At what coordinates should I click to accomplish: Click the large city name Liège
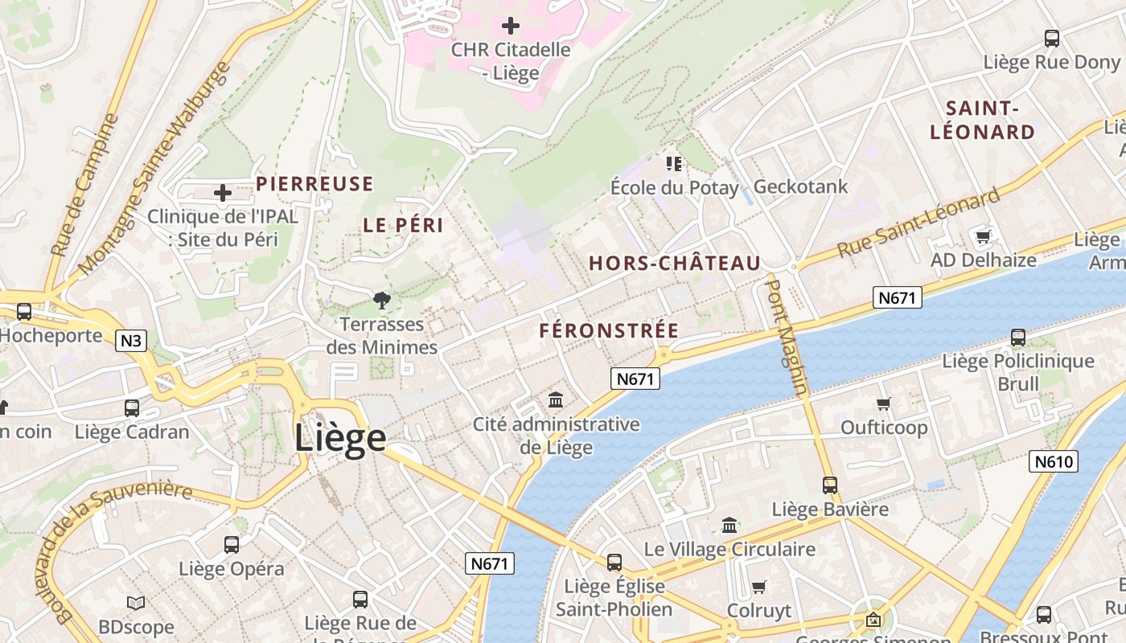click(x=339, y=438)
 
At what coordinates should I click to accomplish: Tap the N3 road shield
click(x=131, y=341)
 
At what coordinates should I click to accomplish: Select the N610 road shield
click(x=1053, y=461)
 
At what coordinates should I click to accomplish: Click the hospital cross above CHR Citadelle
click(x=510, y=26)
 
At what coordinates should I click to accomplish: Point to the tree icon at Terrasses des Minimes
click(x=382, y=301)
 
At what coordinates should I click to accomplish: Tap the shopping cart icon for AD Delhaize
click(x=982, y=236)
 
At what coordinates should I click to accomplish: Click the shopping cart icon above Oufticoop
click(x=883, y=403)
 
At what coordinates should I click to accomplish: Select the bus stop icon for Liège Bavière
click(x=829, y=485)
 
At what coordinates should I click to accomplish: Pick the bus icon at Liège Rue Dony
click(x=1051, y=38)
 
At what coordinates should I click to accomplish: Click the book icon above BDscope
click(x=136, y=603)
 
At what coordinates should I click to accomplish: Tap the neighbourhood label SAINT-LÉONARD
click(x=982, y=121)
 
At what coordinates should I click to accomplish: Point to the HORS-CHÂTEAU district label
click(x=675, y=264)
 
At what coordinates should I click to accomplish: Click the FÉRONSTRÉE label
click(x=609, y=331)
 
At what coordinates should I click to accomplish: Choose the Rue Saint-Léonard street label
click(x=919, y=223)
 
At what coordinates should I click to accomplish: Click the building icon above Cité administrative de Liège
click(x=556, y=399)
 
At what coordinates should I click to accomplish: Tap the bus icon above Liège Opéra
click(x=231, y=545)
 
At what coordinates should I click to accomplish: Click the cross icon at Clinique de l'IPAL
click(x=223, y=193)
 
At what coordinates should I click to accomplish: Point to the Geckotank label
click(x=800, y=187)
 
